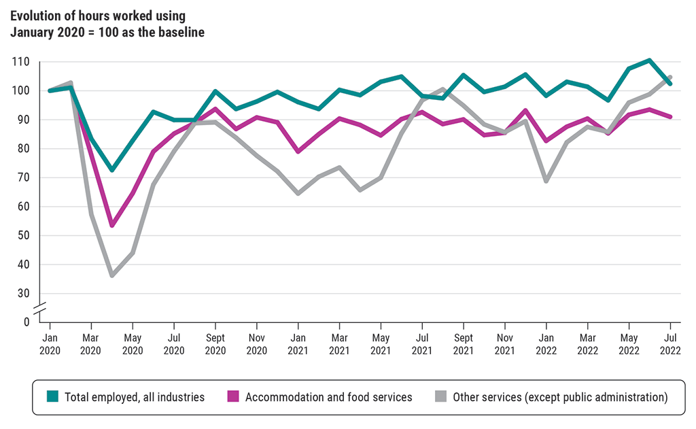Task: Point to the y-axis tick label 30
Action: tap(22, 294)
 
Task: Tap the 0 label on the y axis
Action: tap(26, 321)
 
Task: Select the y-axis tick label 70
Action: tap(22, 177)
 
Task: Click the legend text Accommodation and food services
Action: tap(328, 397)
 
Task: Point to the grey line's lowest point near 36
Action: tap(112, 275)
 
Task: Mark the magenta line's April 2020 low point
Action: tap(112, 225)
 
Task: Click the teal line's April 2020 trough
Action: tap(112, 170)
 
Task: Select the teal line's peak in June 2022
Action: tap(650, 60)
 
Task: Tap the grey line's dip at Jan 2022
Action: tap(546, 181)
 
